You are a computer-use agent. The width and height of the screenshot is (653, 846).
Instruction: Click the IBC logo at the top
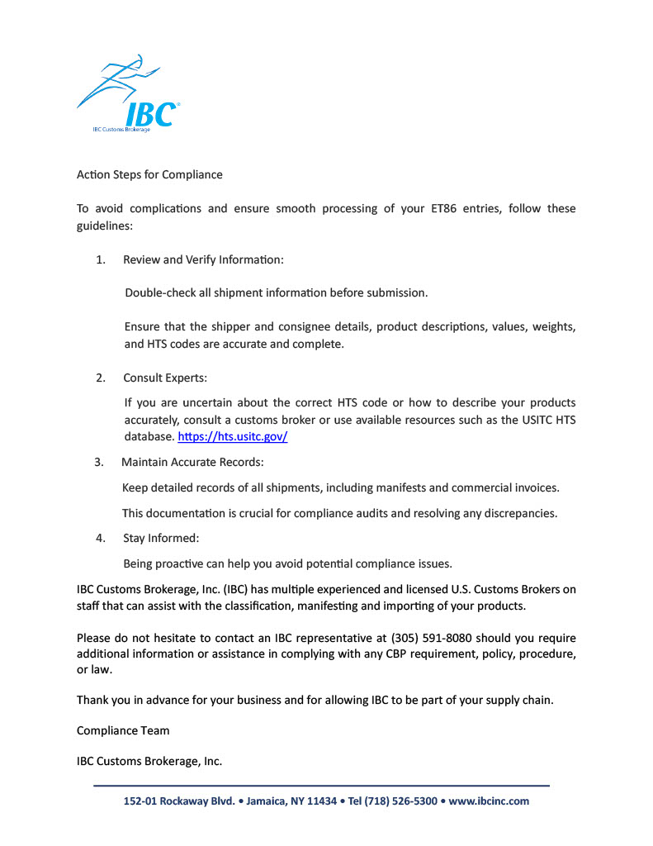click(129, 95)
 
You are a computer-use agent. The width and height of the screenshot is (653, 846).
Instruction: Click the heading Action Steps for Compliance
click(149, 174)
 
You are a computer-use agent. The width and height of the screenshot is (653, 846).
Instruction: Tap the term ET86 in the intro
click(447, 208)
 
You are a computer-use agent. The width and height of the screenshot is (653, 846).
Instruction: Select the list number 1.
click(100, 259)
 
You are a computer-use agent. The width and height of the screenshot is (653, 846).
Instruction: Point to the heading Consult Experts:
click(165, 378)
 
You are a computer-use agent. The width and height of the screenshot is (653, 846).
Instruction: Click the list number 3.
click(99, 462)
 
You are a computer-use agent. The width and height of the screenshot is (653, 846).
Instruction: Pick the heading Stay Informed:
click(161, 538)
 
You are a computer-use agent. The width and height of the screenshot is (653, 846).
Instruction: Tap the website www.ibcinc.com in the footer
click(489, 801)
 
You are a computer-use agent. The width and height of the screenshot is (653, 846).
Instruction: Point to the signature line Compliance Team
click(123, 730)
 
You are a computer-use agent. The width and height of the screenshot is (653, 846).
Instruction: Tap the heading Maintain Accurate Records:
click(192, 462)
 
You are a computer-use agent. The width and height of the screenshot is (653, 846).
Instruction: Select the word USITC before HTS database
click(531, 420)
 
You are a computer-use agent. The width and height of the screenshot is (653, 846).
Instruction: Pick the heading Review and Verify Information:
click(203, 259)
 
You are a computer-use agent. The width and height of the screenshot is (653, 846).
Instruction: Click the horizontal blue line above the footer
click(321, 785)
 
